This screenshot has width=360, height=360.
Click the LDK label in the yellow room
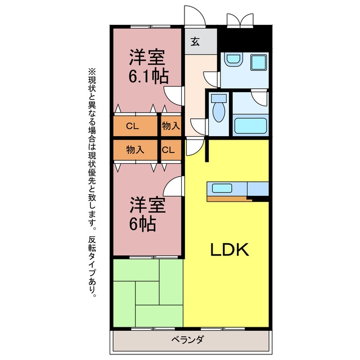pyautogui.click(x=229, y=249)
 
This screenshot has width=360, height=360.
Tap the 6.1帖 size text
pyautogui.click(x=148, y=76)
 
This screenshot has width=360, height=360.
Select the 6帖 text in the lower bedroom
pyautogui.click(x=142, y=224)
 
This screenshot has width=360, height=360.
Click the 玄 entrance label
pyautogui.click(x=195, y=42)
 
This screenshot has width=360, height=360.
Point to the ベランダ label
pyautogui.click(x=187, y=339)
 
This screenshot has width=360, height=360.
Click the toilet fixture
pyautogui.click(x=219, y=108)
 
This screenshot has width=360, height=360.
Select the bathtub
pyautogui.click(x=250, y=125)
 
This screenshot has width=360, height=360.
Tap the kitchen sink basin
pyautogui.click(x=222, y=188)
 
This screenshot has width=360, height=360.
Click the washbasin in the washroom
pyautogui.click(x=233, y=59)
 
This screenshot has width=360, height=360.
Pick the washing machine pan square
pyautogui.click(x=259, y=62)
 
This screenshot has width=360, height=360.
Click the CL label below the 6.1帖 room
pyautogui.click(x=133, y=126)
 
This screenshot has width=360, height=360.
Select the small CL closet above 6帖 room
pyautogui.click(x=171, y=150)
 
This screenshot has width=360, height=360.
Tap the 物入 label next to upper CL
pyautogui.click(x=171, y=126)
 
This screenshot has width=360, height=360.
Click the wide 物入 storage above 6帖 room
pyautogui.click(x=135, y=150)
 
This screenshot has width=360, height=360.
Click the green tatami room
pyautogui.click(x=148, y=292)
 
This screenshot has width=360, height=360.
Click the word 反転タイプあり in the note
pyautogui.click(x=92, y=266)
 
